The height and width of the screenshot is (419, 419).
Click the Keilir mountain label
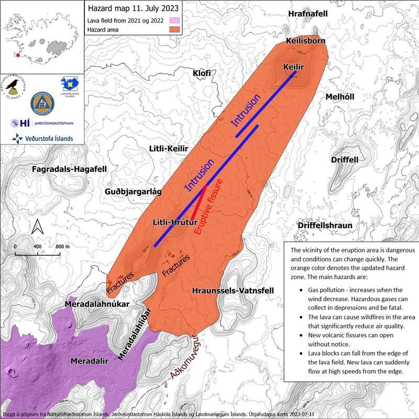[x=293, y=68]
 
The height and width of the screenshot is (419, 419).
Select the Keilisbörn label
[x=306, y=41]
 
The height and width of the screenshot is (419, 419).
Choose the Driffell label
[x=345, y=159]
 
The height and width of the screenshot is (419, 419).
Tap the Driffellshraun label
[x=324, y=225]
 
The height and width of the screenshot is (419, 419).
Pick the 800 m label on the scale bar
[x=62, y=246]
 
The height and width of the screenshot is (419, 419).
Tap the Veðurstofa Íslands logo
[x=42, y=138]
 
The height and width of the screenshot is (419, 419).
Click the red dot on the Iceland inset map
[x=18, y=55]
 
